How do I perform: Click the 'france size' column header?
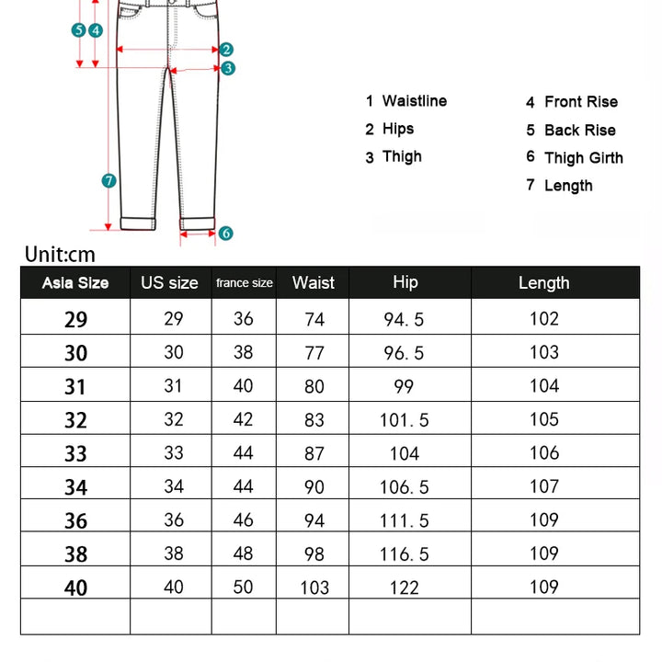244,283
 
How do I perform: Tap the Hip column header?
405,282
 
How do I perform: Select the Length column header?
543,283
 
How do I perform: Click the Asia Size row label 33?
75,453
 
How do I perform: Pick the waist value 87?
314,453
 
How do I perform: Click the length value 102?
543,319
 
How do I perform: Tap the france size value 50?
243,587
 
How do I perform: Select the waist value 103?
314,588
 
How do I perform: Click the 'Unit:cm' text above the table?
60,255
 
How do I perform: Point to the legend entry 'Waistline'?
414,101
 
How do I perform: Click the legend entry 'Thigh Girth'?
583,158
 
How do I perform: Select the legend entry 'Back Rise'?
579,131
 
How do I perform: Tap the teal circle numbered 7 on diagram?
108,181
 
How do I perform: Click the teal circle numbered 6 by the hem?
226,234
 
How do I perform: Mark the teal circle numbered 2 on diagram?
226,50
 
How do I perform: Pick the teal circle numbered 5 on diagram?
79,30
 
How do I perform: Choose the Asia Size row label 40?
75,588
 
